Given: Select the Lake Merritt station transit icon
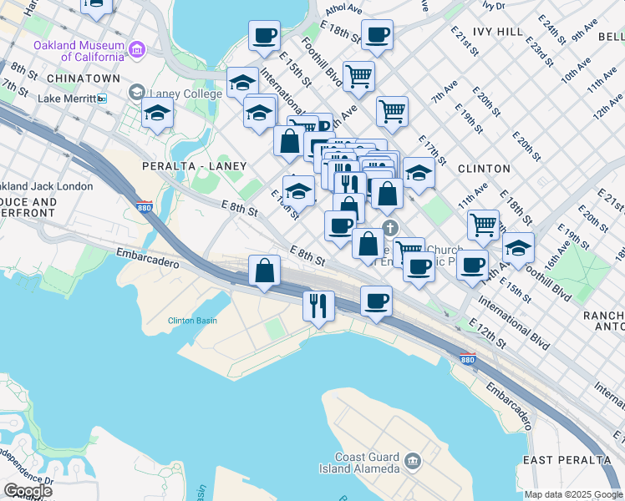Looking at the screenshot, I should pos(102,99).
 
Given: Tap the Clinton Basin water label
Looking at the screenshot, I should pos(193,321).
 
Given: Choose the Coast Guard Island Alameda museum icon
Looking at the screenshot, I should pos(412,460).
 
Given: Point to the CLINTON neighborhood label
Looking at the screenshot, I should pos(484,168).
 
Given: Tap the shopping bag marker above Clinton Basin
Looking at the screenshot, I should pos(265,271).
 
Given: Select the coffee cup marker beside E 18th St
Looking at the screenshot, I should pos(377,36).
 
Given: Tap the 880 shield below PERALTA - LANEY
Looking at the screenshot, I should pos(145,206).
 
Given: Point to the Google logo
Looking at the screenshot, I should pos(28,491).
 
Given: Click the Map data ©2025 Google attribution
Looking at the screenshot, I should pos(573,494).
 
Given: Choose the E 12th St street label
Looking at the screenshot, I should pos(488,333).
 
